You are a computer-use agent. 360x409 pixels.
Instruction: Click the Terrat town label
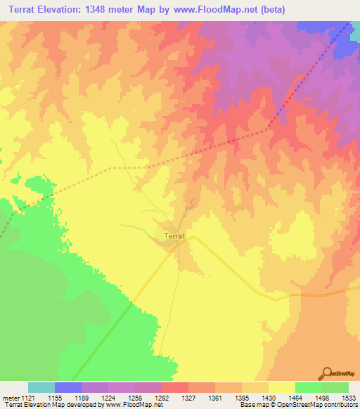(174, 237)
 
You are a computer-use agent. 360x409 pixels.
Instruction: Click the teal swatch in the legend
(41, 387)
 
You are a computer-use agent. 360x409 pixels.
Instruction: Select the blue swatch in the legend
(68, 387)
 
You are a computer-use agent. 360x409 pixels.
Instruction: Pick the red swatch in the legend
(175, 387)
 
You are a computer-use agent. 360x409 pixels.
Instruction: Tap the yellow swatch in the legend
(282, 387)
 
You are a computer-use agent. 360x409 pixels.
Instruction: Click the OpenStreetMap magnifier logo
(327, 373)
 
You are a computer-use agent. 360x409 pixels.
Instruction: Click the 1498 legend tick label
(322, 397)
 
